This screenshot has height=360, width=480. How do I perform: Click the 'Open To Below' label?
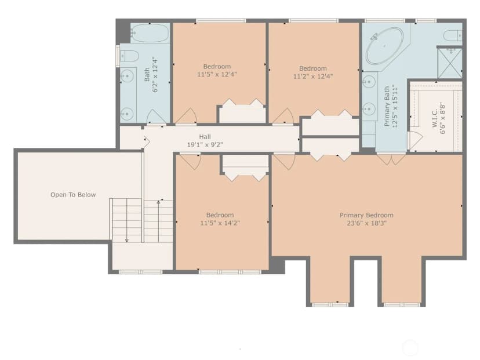[73, 195]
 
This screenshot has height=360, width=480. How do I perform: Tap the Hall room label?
[205, 137]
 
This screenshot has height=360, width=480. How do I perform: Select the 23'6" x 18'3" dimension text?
[367, 223]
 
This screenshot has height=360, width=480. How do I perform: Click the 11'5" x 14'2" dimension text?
[220, 223]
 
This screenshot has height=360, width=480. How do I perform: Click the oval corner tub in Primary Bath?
[385, 46]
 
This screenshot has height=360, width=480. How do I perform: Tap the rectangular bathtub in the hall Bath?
[150, 33]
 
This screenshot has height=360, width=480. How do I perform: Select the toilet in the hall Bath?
[129, 56]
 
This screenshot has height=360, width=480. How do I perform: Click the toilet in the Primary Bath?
[453, 35]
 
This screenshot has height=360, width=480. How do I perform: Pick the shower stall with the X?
[450, 63]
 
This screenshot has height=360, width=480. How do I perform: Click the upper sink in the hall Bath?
[127, 75]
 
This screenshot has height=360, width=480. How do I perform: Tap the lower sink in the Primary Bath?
[369, 108]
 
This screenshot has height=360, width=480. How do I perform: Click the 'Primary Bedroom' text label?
[366, 215]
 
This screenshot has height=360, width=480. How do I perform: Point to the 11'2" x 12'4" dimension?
[313, 76]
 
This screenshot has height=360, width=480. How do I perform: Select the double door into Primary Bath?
[391, 159]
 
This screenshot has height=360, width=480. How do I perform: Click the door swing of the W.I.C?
[415, 141]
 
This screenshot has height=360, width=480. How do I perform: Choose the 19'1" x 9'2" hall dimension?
[205, 144]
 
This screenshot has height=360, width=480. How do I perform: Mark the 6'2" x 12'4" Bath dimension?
[155, 74]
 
